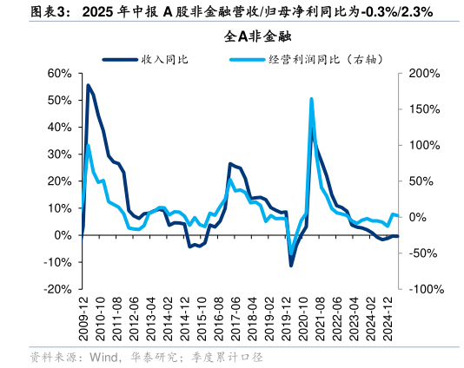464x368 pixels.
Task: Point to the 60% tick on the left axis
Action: (x=59, y=74)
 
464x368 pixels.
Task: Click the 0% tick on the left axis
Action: (x=64, y=235)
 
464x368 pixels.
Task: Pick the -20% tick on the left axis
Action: (x=57, y=289)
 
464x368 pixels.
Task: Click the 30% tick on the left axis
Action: (x=59, y=154)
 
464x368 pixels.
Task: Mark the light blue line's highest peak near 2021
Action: (x=311, y=99)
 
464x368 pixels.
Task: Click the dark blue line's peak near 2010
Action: (x=88, y=85)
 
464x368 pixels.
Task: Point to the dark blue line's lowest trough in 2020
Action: (x=291, y=265)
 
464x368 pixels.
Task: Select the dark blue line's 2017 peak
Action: (x=230, y=163)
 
